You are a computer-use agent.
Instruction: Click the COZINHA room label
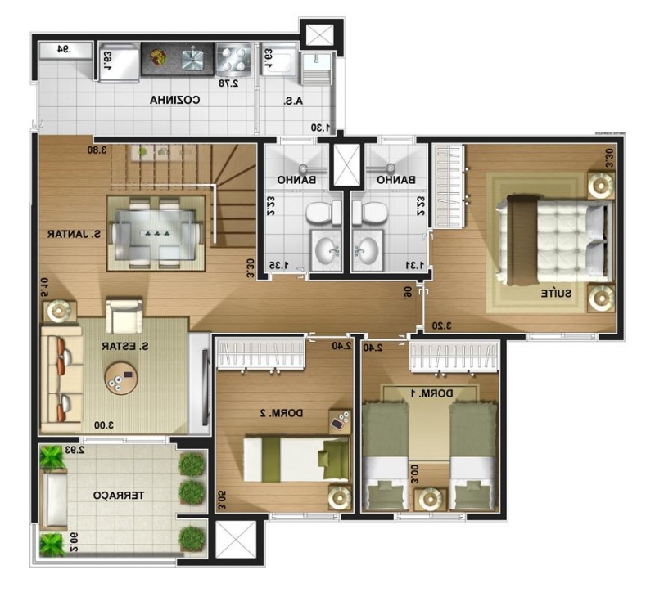point(175,101)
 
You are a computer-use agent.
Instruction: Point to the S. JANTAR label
point(74,234)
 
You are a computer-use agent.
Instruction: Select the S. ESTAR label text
point(124,346)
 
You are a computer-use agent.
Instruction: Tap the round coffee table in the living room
point(121,378)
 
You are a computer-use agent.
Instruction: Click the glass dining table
point(155,233)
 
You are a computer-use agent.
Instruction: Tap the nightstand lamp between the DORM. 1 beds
point(430,498)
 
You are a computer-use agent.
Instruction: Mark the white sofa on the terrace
point(56,499)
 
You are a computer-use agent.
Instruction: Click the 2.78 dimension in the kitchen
point(230,83)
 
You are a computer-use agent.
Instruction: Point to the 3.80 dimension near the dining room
point(98,150)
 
